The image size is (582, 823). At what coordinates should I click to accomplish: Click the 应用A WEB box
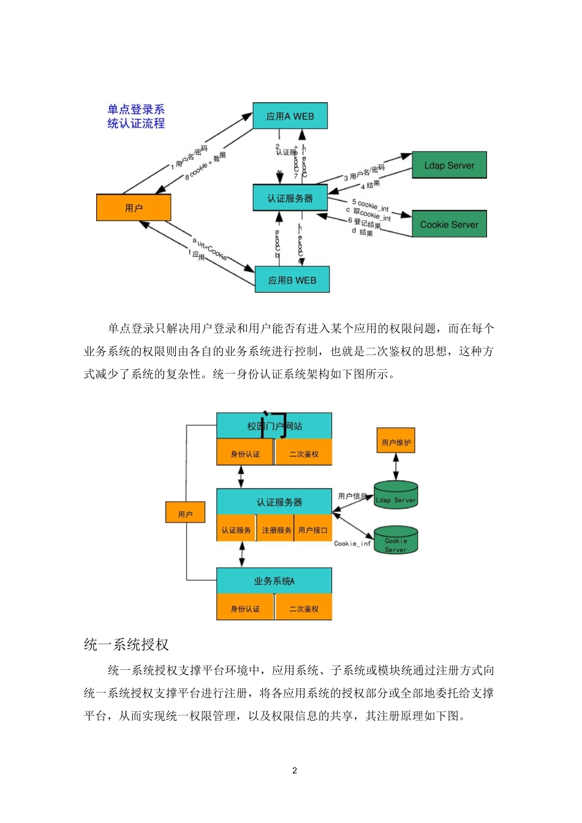(x=290, y=116)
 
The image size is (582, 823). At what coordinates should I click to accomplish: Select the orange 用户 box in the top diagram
(x=134, y=208)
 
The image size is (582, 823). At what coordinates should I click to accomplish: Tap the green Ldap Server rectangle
(x=449, y=165)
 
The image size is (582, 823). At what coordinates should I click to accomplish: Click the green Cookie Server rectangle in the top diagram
(x=449, y=224)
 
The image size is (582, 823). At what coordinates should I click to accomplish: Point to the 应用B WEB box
(x=292, y=280)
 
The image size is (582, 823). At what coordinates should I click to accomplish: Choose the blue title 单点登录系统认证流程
(x=136, y=116)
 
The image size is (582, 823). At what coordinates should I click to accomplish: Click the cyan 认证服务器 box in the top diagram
(x=290, y=198)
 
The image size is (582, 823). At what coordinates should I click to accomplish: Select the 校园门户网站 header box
(x=274, y=426)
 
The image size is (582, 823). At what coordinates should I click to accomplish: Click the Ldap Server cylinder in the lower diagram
(x=396, y=496)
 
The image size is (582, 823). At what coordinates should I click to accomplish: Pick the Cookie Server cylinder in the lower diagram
(x=396, y=541)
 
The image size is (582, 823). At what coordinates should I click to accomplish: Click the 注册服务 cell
(x=276, y=530)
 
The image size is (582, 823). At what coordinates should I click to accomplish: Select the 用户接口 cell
(x=313, y=530)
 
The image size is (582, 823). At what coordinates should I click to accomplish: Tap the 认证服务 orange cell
(x=236, y=530)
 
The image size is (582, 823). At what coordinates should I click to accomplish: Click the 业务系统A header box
(x=274, y=581)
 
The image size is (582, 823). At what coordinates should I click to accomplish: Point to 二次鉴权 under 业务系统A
(x=304, y=608)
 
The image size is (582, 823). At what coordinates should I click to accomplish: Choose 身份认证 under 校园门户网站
(x=245, y=454)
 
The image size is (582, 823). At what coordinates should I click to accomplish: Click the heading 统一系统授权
(x=126, y=644)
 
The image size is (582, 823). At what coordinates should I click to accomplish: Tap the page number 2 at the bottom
(x=295, y=770)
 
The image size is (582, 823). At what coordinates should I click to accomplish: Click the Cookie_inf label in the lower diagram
(x=352, y=543)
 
